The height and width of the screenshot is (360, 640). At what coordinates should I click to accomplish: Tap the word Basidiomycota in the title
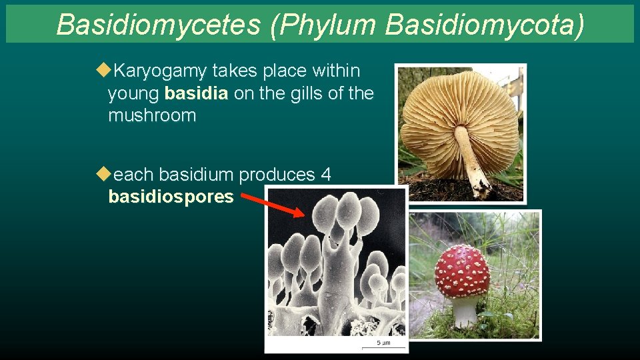[484, 25]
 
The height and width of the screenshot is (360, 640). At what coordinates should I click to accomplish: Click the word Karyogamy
[160, 71]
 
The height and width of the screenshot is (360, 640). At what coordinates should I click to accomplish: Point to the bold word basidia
[197, 94]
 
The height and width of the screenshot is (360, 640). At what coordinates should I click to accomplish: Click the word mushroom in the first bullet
[152, 116]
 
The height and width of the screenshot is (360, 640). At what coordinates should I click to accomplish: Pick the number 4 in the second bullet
[326, 175]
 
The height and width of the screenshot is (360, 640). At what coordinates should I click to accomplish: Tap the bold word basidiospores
[171, 197]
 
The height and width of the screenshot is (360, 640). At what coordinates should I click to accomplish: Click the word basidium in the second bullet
[197, 175]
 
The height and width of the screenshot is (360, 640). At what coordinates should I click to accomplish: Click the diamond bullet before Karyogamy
[102, 70]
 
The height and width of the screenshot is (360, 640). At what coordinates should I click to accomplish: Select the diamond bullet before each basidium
[102, 174]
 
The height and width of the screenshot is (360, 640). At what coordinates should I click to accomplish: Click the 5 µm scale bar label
[383, 343]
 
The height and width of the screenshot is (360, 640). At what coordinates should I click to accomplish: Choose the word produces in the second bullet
[277, 175]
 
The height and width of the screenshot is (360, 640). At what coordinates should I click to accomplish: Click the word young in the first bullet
[133, 94]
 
